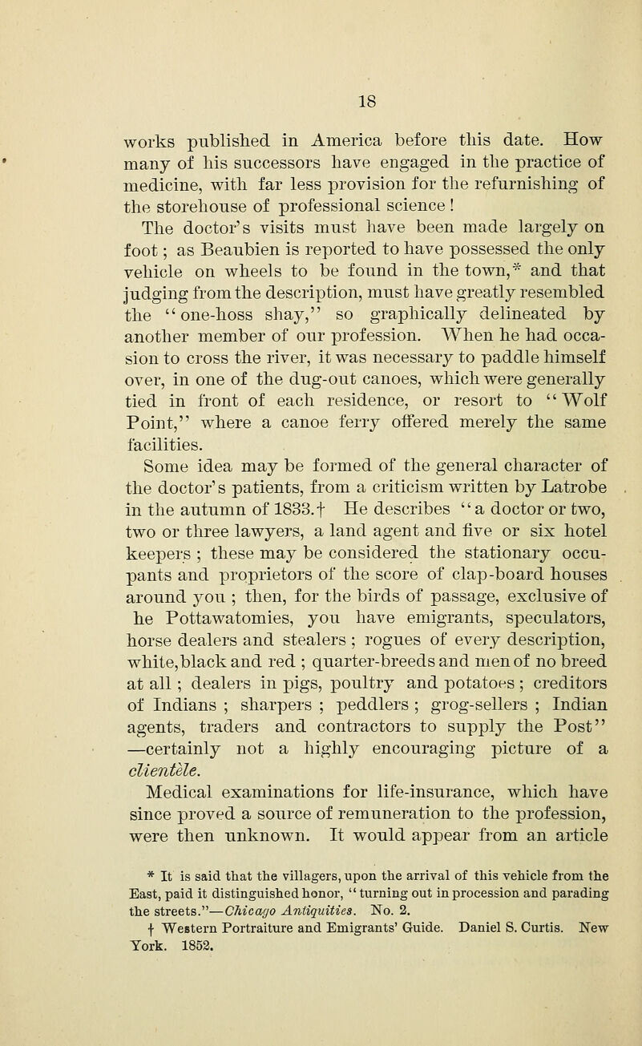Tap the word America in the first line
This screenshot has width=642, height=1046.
(329, 113)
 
